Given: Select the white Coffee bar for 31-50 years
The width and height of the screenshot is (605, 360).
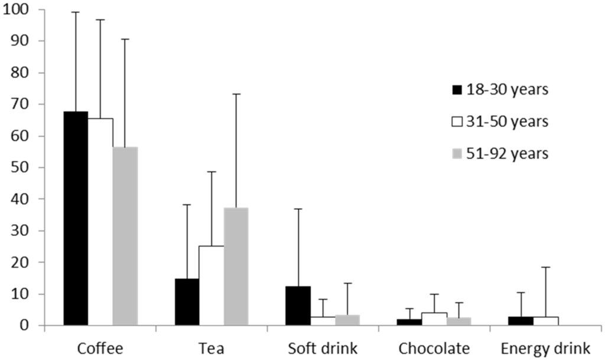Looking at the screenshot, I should (x=100, y=222).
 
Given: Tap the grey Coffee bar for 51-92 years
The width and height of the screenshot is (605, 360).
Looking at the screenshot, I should (x=125, y=236).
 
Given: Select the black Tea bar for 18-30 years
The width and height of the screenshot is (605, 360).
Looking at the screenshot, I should (x=187, y=302).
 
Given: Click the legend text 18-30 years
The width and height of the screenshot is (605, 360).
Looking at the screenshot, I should (x=507, y=90).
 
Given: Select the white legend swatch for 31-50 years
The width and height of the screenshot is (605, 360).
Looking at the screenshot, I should (x=457, y=122).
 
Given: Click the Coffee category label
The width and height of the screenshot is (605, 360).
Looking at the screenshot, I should (x=100, y=348).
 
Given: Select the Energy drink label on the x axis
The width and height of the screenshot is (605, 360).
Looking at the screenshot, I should (x=544, y=348).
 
